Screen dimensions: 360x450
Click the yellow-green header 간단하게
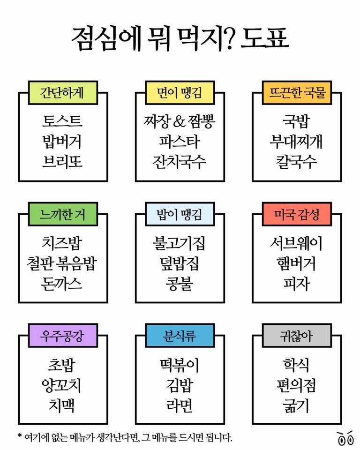(x=63, y=93)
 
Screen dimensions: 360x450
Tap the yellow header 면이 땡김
(x=180, y=93)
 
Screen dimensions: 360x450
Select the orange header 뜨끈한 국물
(x=297, y=93)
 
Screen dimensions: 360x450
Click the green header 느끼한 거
(x=63, y=214)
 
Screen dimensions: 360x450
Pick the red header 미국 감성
(x=297, y=214)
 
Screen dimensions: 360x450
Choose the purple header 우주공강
(x=63, y=336)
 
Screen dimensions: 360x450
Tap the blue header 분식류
(x=180, y=336)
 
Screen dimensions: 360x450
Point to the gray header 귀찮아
(x=297, y=336)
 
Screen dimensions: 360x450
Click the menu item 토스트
(x=62, y=121)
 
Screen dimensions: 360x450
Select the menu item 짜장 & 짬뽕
(x=180, y=121)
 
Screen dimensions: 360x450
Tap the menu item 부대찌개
(x=296, y=141)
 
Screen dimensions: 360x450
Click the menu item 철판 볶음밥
(x=62, y=263)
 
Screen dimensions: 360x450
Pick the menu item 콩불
(x=180, y=284)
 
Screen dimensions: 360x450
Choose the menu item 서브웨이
(x=296, y=243)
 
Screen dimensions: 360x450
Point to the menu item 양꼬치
(x=61, y=385)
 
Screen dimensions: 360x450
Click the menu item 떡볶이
(x=180, y=365)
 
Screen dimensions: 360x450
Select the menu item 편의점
(x=296, y=385)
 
